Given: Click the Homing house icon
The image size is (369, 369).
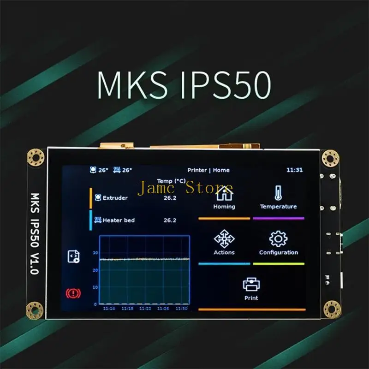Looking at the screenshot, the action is [x=224, y=193].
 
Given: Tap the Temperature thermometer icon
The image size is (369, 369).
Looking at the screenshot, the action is [x=278, y=193].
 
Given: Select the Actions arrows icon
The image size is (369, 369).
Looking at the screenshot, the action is [x=224, y=238].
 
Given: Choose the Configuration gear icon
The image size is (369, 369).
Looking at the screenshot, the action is [x=278, y=238].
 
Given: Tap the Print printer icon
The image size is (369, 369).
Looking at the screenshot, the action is [x=251, y=284].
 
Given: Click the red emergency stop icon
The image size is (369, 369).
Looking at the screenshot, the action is [x=73, y=293].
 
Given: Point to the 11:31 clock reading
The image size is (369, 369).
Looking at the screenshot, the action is [x=294, y=170].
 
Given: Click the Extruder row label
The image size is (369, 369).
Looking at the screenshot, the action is [x=115, y=198].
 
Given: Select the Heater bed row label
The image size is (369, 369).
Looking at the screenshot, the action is [x=119, y=220].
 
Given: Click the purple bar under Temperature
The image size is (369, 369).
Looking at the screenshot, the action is [x=279, y=218].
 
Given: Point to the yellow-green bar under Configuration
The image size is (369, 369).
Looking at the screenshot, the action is [x=279, y=264].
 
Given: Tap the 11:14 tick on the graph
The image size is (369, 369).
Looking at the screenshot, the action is [x=109, y=308].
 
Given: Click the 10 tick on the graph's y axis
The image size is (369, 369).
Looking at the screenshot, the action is [x=95, y=287].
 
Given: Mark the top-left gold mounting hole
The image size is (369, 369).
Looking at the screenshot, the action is [x=36, y=157].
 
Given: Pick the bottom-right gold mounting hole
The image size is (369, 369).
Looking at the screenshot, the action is [x=332, y=309].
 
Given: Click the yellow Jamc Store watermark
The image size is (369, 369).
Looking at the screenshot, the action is [x=185, y=188].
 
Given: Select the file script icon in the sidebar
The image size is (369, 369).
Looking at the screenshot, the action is [x=73, y=256].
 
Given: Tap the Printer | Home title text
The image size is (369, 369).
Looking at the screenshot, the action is [x=208, y=170].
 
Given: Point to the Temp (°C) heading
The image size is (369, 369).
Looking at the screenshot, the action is [x=171, y=181].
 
